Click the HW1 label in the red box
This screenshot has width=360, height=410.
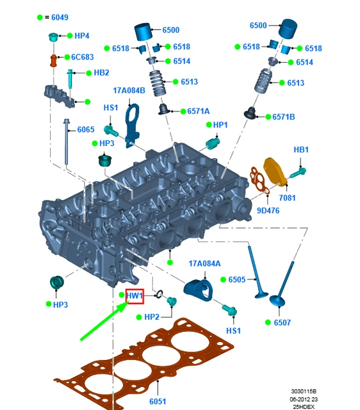[x=135, y=296]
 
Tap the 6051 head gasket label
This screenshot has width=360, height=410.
[x=158, y=401]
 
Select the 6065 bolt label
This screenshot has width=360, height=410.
[x=86, y=129]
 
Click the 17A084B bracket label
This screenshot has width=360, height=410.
[x=129, y=90]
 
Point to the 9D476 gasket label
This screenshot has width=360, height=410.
[x=268, y=211]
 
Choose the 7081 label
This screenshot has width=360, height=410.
[x=287, y=198]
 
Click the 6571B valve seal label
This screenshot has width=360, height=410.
[x=283, y=117]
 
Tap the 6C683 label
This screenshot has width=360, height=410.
[x=83, y=57]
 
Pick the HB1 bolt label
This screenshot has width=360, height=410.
[x=301, y=150]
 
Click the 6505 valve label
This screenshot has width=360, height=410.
[x=237, y=279]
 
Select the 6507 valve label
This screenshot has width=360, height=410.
[x=282, y=322]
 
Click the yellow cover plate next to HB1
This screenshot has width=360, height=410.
[x=275, y=172]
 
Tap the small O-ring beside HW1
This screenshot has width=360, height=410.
[x=159, y=295]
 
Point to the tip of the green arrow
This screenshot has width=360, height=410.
[x=129, y=302]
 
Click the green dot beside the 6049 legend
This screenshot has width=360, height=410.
[x=40, y=17]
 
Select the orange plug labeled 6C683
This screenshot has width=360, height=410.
[x=53, y=60]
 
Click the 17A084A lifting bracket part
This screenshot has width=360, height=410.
[x=199, y=290]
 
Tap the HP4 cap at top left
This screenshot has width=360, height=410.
[x=54, y=37]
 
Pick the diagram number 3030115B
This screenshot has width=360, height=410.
[x=304, y=391]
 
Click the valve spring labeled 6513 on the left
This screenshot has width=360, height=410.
[x=158, y=83]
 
